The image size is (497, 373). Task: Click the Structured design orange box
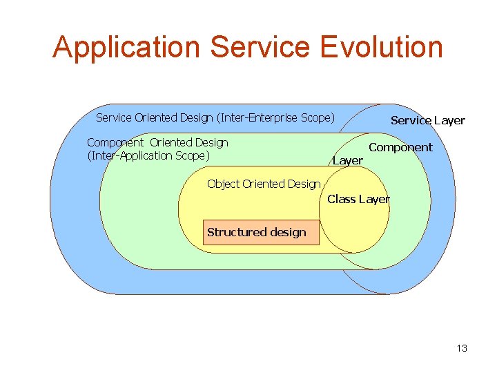coord(262,232)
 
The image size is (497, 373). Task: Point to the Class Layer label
coord(358,199)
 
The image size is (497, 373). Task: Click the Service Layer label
coord(427,120)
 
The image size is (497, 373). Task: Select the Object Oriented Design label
coord(264,184)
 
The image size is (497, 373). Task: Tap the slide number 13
coord(461,348)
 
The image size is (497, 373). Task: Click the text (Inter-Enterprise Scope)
coord(275,117)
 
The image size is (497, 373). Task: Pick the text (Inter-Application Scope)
coord(148,155)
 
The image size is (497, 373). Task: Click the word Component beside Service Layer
coord(400,147)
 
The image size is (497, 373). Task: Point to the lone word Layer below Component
coord(348,160)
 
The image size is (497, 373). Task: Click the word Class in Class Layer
coord(340,199)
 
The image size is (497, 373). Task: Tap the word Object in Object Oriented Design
coord(223,184)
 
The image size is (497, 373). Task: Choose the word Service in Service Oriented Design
coord(113,117)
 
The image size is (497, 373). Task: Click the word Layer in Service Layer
coord(449,120)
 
